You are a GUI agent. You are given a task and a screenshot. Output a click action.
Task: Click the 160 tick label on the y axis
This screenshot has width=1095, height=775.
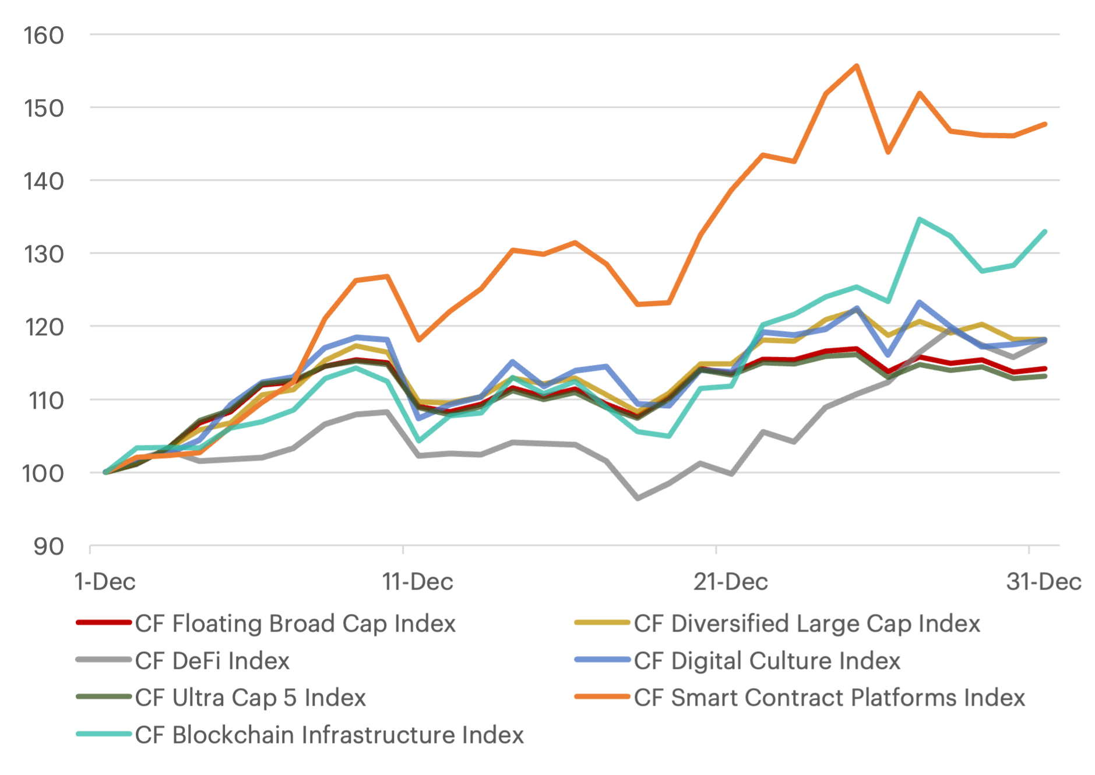(x=44, y=36)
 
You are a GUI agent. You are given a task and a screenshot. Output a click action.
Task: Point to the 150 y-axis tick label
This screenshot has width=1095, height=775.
(x=44, y=108)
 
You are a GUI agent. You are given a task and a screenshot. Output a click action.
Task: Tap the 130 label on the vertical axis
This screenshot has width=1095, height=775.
(x=44, y=254)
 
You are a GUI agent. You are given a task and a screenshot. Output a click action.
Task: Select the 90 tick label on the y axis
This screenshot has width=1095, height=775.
(x=48, y=547)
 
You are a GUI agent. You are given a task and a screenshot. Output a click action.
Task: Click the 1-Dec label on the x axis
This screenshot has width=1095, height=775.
(x=105, y=581)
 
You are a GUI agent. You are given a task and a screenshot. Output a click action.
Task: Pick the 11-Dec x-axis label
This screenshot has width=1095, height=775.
(x=417, y=581)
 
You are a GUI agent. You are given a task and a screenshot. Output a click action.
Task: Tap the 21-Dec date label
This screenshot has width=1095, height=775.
(x=730, y=581)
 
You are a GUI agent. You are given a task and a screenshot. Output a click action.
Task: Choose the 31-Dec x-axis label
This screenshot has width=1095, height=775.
(x=1044, y=581)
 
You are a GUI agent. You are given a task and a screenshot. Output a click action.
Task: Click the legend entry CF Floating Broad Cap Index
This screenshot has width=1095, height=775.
(x=295, y=623)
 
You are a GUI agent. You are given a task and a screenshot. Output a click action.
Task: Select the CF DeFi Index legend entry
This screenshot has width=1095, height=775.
(x=212, y=661)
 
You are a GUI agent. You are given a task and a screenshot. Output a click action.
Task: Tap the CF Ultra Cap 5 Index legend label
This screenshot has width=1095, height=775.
(x=251, y=697)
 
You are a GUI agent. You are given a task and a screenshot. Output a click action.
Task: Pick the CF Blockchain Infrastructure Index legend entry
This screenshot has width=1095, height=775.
(x=329, y=735)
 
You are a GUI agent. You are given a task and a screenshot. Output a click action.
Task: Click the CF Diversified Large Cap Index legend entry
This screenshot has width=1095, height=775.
(x=807, y=623)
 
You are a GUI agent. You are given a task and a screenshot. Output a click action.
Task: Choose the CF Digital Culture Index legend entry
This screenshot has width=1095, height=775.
(x=767, y=661)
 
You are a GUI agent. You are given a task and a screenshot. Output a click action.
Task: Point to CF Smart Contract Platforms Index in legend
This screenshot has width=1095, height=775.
(x=829, y=697)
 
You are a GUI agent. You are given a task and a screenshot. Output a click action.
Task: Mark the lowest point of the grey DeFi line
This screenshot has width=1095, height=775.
(x=638, y=498)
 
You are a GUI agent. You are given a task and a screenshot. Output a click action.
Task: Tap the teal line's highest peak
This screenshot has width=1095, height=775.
(x=920, y=219)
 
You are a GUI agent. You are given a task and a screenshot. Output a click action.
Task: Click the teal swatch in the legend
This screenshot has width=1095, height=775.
(x=104, y=734)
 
